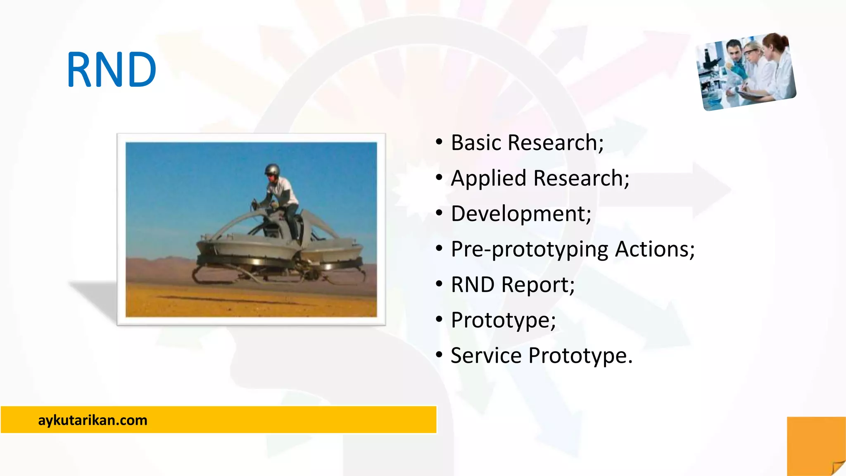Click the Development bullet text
coord(520,214)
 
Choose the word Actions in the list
coord(654,249)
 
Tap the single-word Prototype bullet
coord(503,320)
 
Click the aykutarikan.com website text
coord(93,420)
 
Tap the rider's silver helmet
coord(272,170)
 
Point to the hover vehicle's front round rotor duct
coord(244,252)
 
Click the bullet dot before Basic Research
coord(439,143)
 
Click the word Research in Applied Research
coord(581,178)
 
